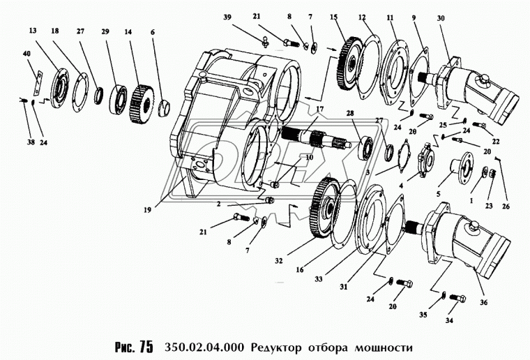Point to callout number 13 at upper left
point(33,31)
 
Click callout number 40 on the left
point(27,54)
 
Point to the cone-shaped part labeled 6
point(165,107)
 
